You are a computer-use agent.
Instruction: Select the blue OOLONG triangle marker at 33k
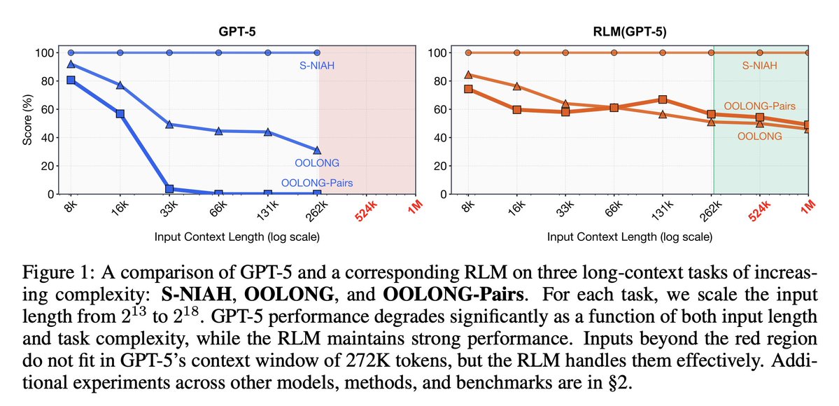point(169,125)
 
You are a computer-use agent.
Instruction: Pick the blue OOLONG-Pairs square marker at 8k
point(71,80)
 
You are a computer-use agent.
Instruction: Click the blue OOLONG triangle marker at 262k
point(318,150)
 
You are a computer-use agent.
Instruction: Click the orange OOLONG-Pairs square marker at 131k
point(663,99)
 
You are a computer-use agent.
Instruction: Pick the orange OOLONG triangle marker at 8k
point(467,74)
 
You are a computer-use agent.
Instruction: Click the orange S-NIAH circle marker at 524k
point(760,52)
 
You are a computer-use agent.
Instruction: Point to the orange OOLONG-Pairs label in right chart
point(760,106)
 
